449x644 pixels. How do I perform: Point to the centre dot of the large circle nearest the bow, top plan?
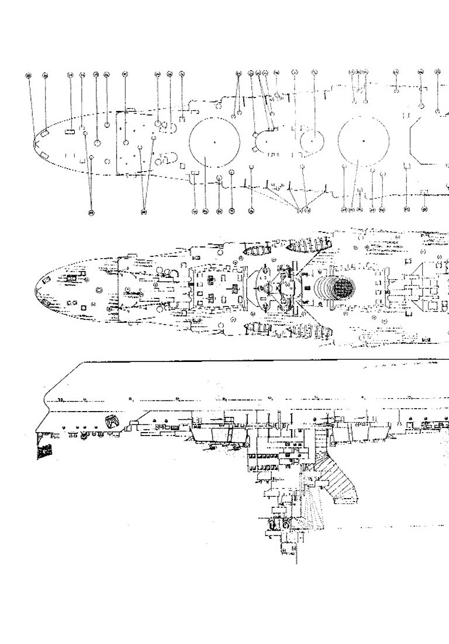coord(215,142)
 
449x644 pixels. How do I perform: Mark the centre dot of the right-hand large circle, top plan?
coord(364,141)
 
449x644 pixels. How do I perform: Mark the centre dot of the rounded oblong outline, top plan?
coord(265,141)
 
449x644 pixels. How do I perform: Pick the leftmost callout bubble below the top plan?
coord(91,211)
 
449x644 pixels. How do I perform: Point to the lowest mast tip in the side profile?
coord(296,562)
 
